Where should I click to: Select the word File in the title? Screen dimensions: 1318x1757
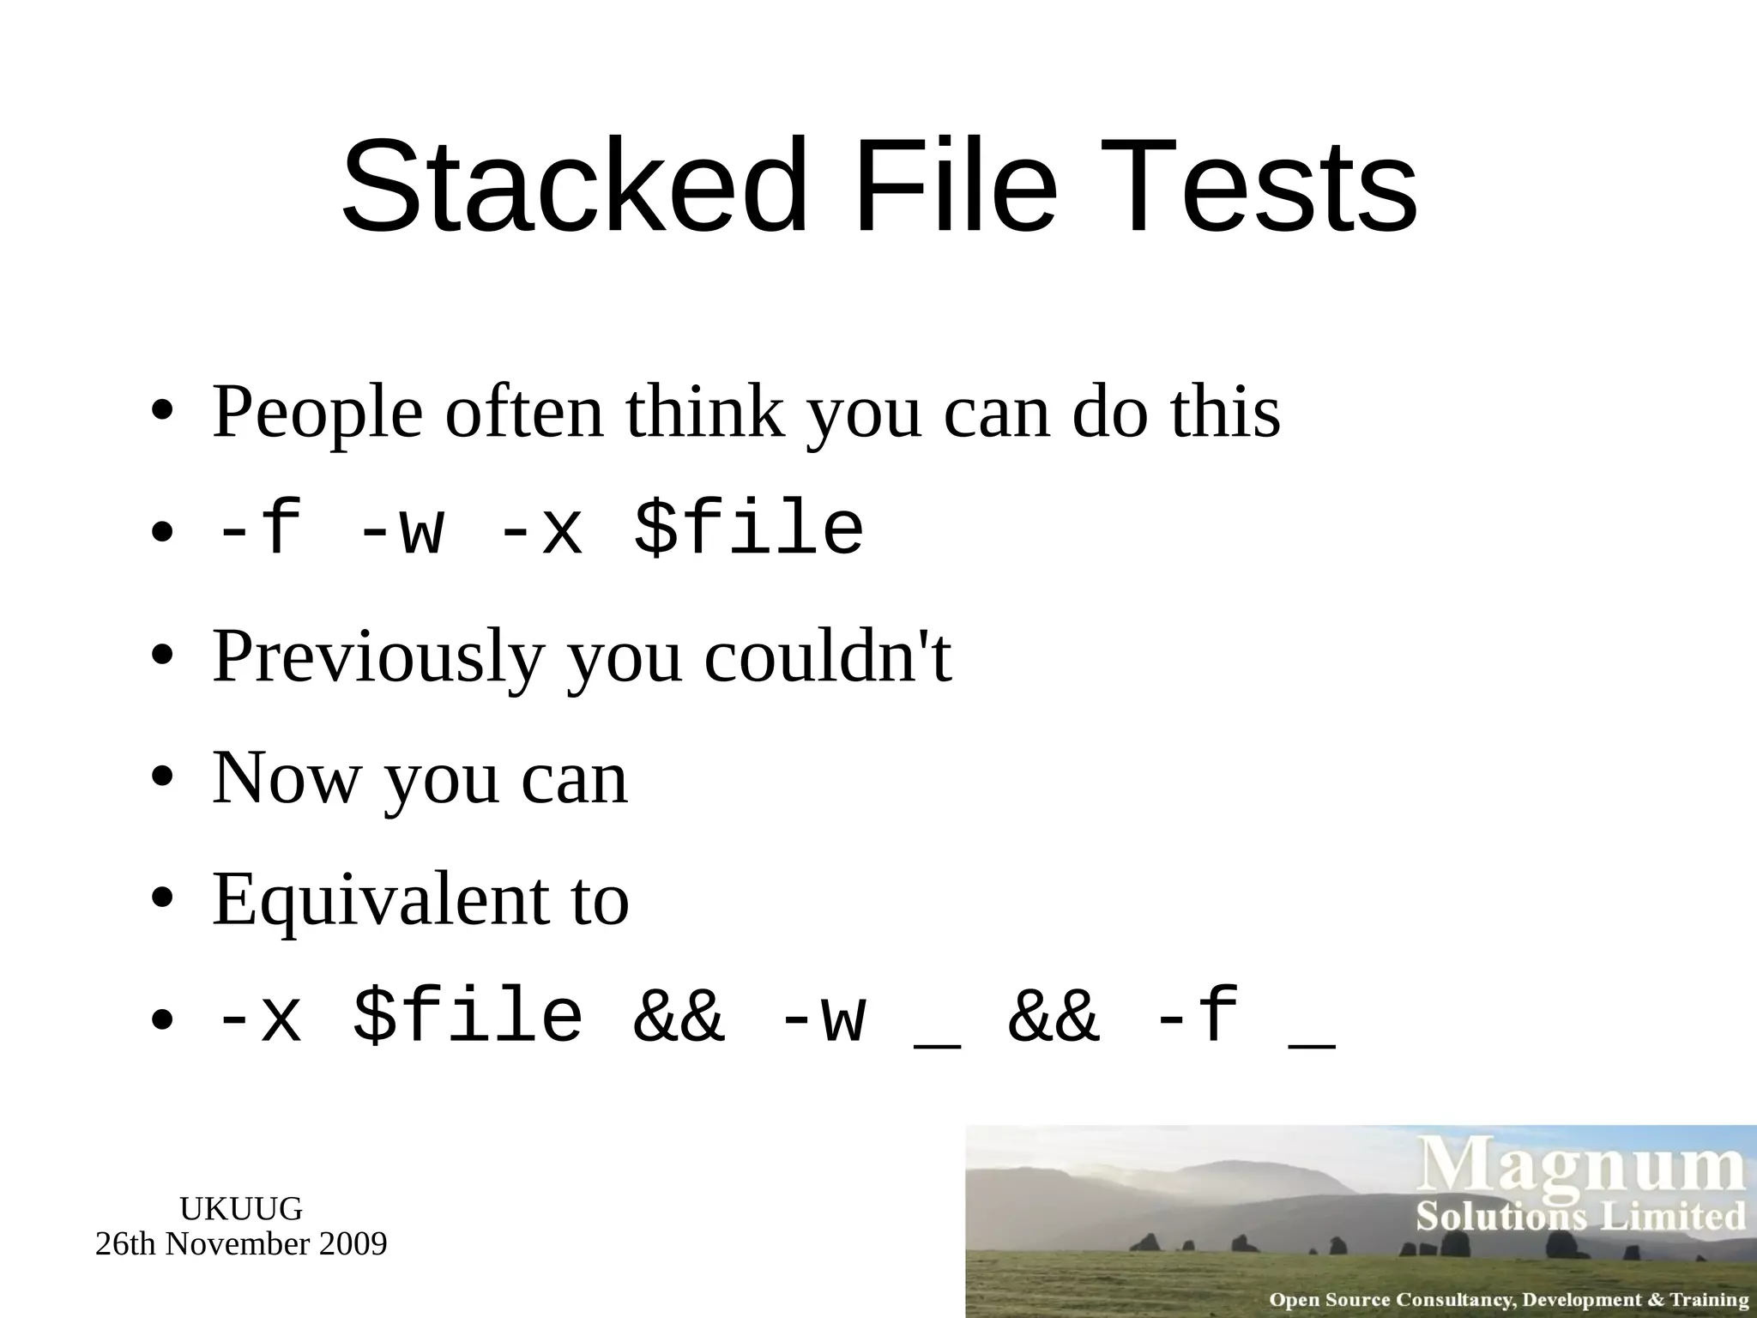pyautogui.click(x=956, y=187)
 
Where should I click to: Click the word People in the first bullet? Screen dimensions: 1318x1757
pyautogui.click(x=317, y=414)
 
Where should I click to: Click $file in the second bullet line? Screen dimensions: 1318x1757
pyautogui.click(x=749, y=529)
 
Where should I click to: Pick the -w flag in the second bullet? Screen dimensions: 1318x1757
pyautogui.click(x=400, y=530)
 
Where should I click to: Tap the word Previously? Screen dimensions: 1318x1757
pyautogui.click(x=377, y=658)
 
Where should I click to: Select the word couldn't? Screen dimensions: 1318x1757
pyautogui.click(x=828, y=656)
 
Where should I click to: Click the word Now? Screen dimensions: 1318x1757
pyautogui.click(x=287, y=778)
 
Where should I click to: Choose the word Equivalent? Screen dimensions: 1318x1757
pyautogui.click(x=377, y=901)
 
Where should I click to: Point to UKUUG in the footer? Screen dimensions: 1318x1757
pyautogui.click(x=241, y=1209)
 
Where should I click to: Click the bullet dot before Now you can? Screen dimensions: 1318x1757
pyautogui.click(x=162, y=778)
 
